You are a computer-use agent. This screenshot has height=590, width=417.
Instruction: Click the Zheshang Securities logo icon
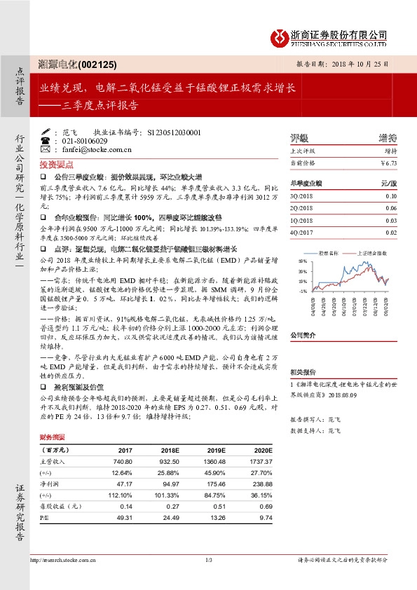[280, 36]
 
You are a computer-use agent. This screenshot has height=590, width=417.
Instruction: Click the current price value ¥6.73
[388, 163]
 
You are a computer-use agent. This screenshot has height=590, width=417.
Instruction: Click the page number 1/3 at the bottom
[208, 559]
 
